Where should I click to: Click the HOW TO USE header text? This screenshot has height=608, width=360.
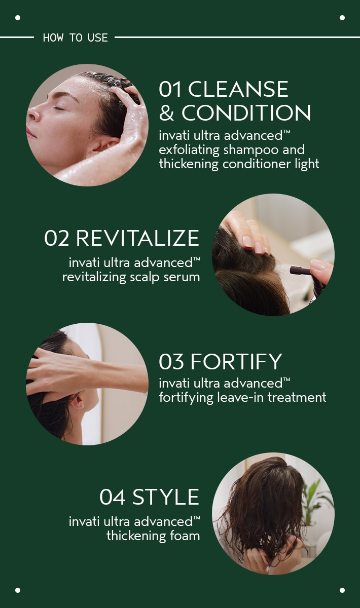[75, 37]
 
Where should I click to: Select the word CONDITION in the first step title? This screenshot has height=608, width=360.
[246, 112]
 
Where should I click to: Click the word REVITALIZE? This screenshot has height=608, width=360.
[137, 238]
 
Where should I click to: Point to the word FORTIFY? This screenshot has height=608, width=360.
[236, 361]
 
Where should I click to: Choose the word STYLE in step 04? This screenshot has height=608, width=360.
[166, 497]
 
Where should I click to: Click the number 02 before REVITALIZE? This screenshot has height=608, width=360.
[56, 238]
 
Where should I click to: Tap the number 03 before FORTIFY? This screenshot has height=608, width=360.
[171, 361]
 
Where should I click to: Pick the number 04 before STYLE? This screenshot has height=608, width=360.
[113, 497]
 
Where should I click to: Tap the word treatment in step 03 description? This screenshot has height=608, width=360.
[297, 397]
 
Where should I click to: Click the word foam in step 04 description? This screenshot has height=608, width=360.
[185, 536]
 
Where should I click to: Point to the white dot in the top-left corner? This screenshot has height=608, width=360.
[18, 18]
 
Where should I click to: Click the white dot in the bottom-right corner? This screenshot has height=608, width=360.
[342, 590]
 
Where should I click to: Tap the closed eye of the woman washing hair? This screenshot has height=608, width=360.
[58, 108]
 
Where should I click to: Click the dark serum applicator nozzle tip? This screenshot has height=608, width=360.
[293, 270]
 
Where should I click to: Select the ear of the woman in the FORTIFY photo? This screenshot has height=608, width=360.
[78, 401]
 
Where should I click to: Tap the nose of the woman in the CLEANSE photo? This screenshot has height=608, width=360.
[32, 114]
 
